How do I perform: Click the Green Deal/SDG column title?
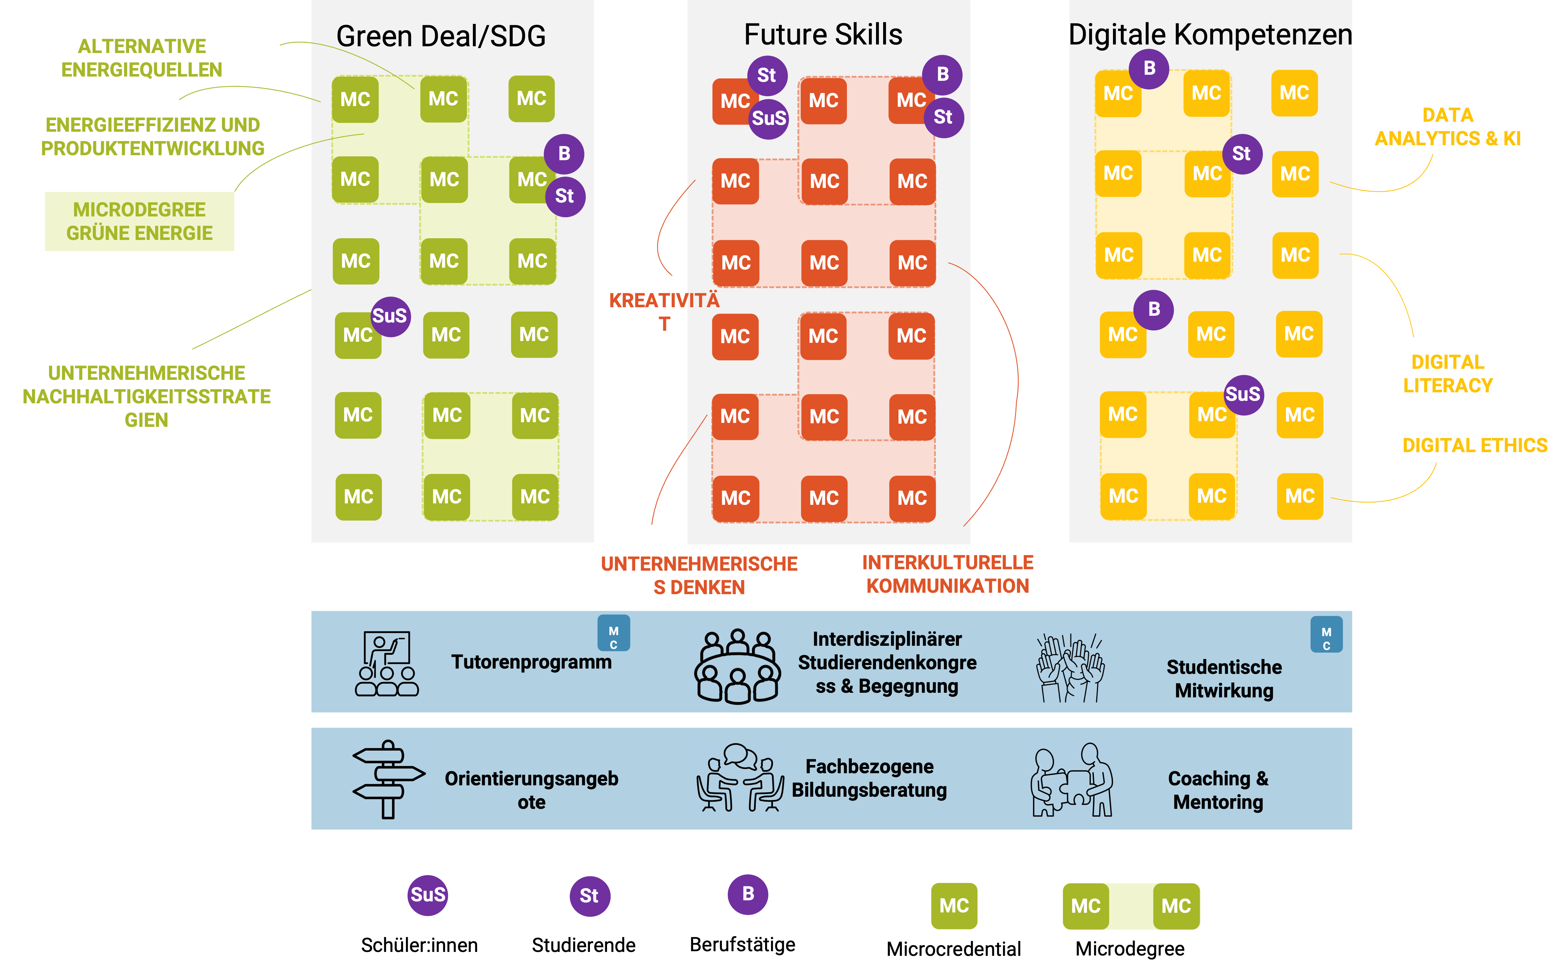441,36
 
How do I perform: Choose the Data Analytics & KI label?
1447,127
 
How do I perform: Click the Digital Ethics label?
1474,445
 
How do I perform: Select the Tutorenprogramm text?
531,661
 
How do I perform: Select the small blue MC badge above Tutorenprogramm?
614,633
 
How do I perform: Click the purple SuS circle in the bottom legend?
428,895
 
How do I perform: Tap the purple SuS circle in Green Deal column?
390,316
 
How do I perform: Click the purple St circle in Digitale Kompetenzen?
1241,154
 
